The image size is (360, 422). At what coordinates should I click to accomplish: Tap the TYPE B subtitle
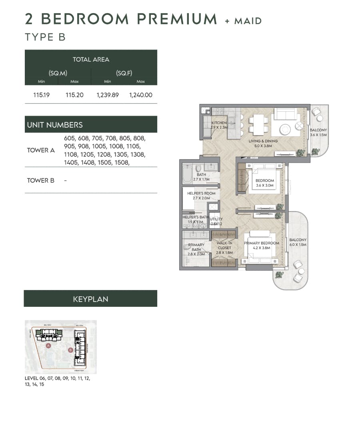[x=45, y=37]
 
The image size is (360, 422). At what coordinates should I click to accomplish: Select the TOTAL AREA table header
[x=91, y=59]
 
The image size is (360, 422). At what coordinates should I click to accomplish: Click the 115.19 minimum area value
[x=41, y=95]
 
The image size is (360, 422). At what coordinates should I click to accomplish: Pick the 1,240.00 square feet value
[x=140, y=95]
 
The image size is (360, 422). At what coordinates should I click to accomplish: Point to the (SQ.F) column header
[x=124, y=73]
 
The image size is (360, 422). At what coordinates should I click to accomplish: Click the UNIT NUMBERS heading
[x=55, y=125]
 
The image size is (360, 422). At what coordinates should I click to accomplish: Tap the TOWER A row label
[x=41, y=150]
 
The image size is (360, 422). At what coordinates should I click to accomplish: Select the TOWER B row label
[x=41, y=180]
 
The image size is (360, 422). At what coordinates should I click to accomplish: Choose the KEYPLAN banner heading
[x=90, y=299]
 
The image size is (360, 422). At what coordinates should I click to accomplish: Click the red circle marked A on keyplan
[x=48, y=345]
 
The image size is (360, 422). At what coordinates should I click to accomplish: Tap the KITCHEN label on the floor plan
[x=219, y=123]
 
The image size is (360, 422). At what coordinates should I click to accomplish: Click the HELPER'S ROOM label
[x=201, y=193]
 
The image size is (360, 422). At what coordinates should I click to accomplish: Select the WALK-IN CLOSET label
[x=224, y=245]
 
